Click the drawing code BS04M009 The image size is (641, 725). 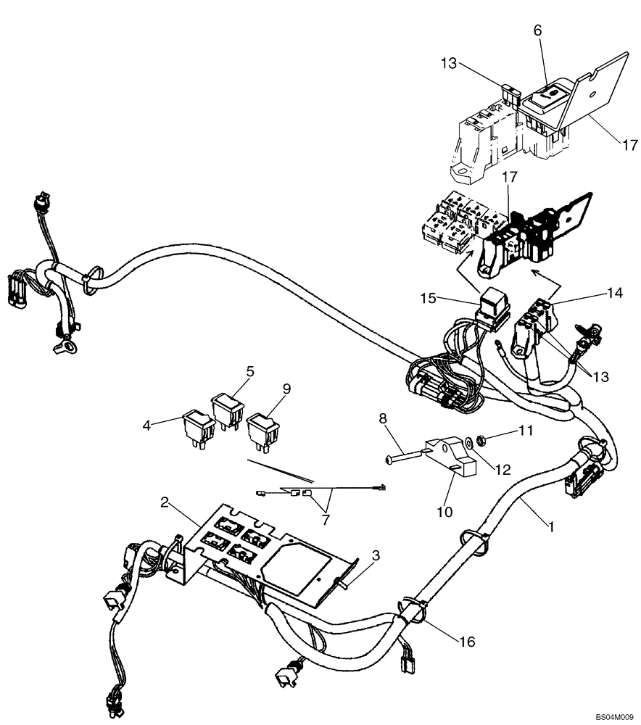tap(615, 716)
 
